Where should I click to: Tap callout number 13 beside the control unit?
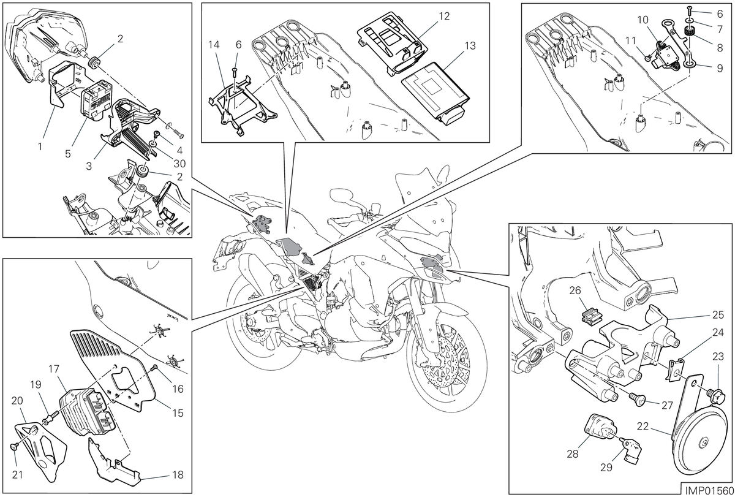[470, 45]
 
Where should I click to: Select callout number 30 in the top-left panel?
[179, 163]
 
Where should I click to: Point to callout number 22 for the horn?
[643, 426]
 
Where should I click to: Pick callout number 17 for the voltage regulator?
[53, 369]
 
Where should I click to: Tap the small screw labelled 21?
[15, 446]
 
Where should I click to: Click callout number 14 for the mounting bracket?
[214, 44]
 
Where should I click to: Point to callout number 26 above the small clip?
[575, 290]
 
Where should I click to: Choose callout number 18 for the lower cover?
[178, 475]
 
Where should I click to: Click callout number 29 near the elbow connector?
[606, 467]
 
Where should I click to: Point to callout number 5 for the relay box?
[67, 154]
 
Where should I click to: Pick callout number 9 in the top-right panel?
[720, 68]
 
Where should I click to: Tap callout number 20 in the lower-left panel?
[17, 400]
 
